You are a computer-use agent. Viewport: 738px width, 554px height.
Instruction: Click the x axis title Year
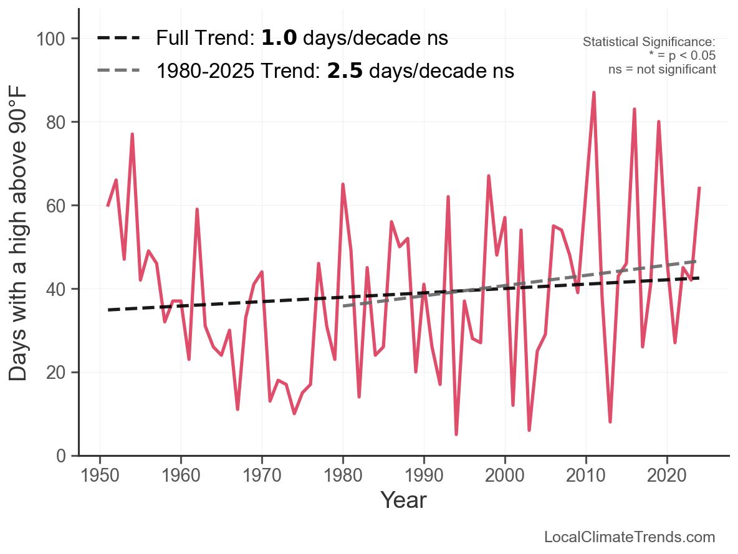coord(403,500)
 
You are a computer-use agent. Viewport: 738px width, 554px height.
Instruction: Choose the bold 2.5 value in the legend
coord(345,71)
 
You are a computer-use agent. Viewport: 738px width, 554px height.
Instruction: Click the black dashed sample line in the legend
coord(119,38)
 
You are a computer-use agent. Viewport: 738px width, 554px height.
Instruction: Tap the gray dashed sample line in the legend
coord(119,71)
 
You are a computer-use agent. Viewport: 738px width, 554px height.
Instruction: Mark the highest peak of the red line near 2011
coord(594,92)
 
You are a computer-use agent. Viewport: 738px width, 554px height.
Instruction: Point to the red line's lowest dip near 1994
coord(456,434)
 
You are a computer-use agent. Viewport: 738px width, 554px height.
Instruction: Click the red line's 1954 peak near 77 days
coord(132,134)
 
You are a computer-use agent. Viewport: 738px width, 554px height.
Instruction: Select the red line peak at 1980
coord(343,184)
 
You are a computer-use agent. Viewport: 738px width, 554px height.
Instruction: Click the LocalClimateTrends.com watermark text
coord(630,537)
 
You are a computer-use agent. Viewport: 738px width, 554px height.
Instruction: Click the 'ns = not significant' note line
coord(662,69)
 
